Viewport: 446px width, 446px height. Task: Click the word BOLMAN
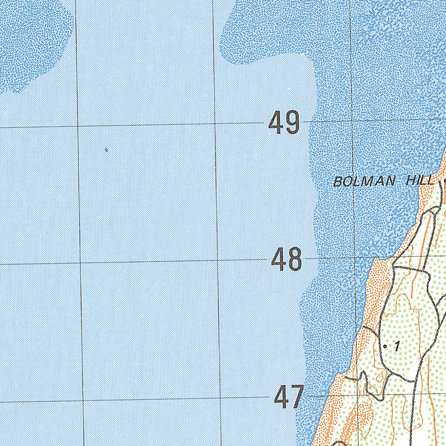coord(365,181)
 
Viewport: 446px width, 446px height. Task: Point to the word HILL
coord(420,180)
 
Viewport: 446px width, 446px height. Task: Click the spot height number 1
coord(397,347)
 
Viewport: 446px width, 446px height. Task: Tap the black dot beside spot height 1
coord(385,346)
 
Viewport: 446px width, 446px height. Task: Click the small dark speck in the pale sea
coord(106,150)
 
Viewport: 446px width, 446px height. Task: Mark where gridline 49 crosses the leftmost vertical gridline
coord(78,126)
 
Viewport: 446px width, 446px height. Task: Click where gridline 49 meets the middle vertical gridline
coord(215,124)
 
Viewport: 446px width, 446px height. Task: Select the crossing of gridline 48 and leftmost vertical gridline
coord(80,263)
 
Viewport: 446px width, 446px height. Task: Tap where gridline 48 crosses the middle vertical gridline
coord(218,260)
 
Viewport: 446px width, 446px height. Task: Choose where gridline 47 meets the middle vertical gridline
coord(220,398)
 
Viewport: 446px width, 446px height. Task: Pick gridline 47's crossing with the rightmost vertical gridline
coord(358,395)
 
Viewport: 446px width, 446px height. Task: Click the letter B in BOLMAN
coord(337,182)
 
